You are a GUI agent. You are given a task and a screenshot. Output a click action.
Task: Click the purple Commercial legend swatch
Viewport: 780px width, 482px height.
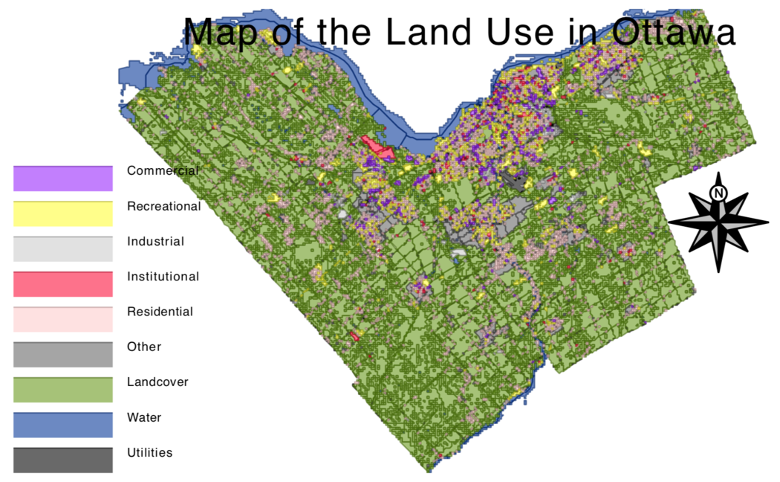click(x=62, y=179)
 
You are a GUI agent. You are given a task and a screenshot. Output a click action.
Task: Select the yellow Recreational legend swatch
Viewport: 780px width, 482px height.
click(x=62, y=213)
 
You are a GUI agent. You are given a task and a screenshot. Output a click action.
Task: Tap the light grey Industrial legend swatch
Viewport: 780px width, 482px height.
click(x=62, y=249)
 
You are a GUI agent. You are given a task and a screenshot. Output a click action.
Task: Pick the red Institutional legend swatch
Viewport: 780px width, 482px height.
click(x=62, y=284)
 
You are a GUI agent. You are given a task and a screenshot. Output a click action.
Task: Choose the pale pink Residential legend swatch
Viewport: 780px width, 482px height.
click(x=62, y=319)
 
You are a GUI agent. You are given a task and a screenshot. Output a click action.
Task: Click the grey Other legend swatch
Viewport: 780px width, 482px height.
click(x=62, y=355)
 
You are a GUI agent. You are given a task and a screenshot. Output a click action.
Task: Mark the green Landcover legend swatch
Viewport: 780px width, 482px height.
click(x=62, y=390)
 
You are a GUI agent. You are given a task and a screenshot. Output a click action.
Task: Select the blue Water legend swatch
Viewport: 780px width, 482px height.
click(x=62, y=425)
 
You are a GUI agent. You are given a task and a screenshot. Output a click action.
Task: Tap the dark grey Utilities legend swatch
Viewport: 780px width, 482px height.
click(x=62, y=460)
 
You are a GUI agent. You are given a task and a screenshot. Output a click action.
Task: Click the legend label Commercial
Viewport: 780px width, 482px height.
click(x=163, y=170)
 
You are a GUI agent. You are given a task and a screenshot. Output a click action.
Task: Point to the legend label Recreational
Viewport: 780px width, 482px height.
click(x=163, y=206)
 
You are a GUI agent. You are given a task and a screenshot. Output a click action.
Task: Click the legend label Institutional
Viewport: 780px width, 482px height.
click(x=163, y=277)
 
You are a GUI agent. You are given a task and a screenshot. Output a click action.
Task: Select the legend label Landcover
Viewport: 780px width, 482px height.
click(x=157, y=382)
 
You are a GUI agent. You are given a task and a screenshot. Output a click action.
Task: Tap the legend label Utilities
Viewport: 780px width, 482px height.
click(x=149, y=452)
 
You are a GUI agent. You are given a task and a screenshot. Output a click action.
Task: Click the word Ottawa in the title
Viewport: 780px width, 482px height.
click(x=674, y=32)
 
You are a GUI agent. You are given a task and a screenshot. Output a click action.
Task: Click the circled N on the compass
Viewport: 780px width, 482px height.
click(x=718, y=193)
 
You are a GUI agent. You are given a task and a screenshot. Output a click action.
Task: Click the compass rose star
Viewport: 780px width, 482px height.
click(x=718, y=222)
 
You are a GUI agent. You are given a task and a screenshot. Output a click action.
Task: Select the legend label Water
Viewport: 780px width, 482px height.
click(x=144, y=417)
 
